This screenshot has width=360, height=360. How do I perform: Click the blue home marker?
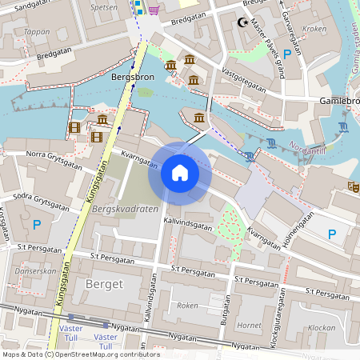click(x=180, y=172)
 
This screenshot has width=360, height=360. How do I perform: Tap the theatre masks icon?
click(x=351, y=186)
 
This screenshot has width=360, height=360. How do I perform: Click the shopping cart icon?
click(x=152, y=9)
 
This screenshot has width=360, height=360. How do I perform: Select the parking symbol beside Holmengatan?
click(x=333, y=234)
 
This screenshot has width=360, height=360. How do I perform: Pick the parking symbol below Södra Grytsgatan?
click(x=36, y=226)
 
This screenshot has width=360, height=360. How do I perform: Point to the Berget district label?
click(x=102, y=284)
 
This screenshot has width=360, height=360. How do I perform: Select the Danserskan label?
click(x=35, y=271)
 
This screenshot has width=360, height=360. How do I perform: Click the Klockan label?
click(x=322, y=327)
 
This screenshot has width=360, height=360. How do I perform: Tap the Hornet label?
click(x=250, y=326)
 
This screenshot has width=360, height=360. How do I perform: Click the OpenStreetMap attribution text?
click(x=81, y=354)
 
